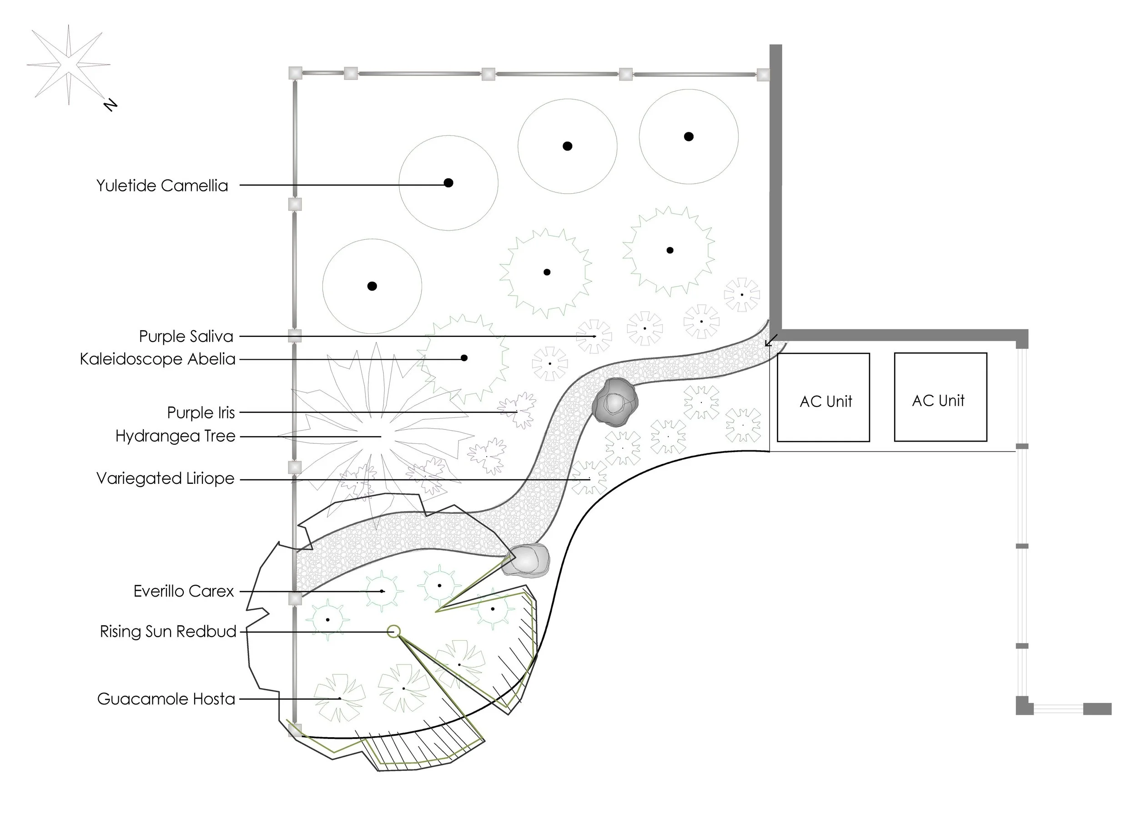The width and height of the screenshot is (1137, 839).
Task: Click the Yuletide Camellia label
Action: [162, 186]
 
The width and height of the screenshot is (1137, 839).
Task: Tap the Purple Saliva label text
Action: [186, 336]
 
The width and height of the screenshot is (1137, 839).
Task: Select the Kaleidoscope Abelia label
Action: [157, 359]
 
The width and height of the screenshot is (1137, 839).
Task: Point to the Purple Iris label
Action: [201, 412]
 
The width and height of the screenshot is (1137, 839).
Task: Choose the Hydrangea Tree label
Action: [175, 436]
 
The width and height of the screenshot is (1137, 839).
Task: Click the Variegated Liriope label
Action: [165, 478]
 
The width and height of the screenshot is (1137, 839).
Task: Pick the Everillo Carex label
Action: [183, 591]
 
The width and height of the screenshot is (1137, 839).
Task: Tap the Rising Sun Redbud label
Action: [168, 632]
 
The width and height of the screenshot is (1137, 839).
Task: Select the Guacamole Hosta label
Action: [166, 699]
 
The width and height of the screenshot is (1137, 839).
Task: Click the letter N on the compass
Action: [110, 105]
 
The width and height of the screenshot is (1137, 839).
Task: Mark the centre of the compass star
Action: [69, 65]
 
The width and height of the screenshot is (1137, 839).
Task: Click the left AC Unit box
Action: [823, 397]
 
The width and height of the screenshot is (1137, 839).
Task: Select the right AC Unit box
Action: [940, 397]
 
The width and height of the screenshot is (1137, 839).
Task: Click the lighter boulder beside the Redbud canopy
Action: [527, 560]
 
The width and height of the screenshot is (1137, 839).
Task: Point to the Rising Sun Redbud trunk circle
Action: [393, 631]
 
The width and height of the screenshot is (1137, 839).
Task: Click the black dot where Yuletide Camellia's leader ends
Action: [448, 183]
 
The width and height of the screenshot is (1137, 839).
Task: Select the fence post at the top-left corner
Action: [295, 73]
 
